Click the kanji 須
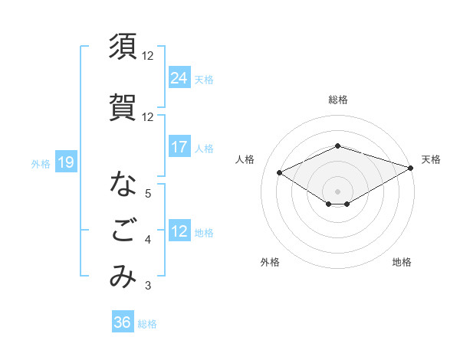pyautogui.click(x=123, y=47)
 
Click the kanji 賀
pyautogui.click(x=123, y=108)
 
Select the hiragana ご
pyautogui.click(x=123, y=231)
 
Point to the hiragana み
pyautogui.click(x=123, y=277)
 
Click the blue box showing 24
pyautogui.click(x=179, y=77)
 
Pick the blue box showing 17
pyautogui.click(x=179, y=147)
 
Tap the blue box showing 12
pyautogui.click(x=179, y=231)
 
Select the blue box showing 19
pyautogui.click(x=65, y=162)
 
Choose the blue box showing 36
pyautogui.click(x=123, y=322)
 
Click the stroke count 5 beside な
pyautogui.click(x=147, y=193)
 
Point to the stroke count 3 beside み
pyautogui.click(x=147, y=286)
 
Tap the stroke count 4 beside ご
pyautogui.click(x=147, y=241)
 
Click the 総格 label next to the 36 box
pyautogui.click(x=147, y=324)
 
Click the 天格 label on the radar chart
pyautogui.click(x=431, y=159)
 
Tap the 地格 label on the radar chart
pyautogui.click(x=402, y=262)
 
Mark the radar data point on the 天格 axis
pyautogui.click(x=411, y=167)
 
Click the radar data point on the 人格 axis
pyautogui.click(x=280, y=172)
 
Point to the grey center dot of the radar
pyautogui.click(x=337, y=190)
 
